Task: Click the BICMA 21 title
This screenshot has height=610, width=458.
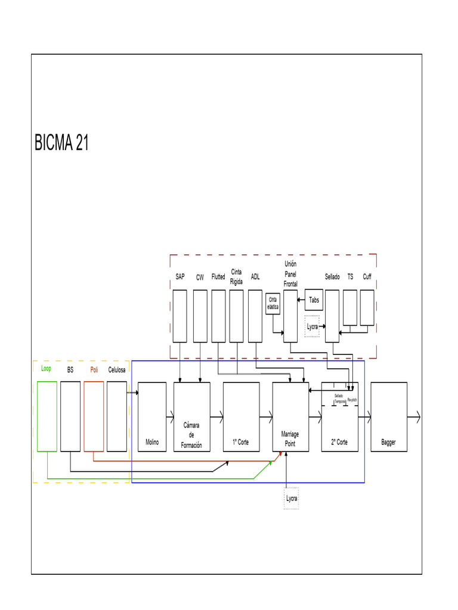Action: [x=62, y=143]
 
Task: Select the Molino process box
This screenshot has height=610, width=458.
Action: [x=152, y=417]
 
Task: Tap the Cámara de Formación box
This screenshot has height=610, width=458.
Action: [x=191, y=417]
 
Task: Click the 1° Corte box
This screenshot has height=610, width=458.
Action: [x=241, y=417]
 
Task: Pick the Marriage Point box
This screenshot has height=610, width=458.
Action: [x=290, y=417]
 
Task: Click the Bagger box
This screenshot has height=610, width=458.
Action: [x=389, y=417]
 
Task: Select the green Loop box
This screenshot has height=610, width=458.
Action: [x=47, y=416]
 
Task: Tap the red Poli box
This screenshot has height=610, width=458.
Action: [x=94, y=416]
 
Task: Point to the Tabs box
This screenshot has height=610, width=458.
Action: [x=314, y=300]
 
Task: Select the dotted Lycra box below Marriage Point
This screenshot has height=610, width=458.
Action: [x=292, y=498]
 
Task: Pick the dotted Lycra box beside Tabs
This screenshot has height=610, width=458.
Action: [x=312, y=326]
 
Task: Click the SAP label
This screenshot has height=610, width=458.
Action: [x=180, y=277]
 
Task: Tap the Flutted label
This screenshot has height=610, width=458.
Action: [x=218, y=277]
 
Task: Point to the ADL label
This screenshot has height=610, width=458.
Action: [x=255, y=277]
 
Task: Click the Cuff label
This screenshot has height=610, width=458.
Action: [x=367, y=277]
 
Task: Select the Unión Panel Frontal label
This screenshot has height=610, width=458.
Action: [x=290, y=274]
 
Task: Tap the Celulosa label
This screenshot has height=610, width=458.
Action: [x=117, y=370]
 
